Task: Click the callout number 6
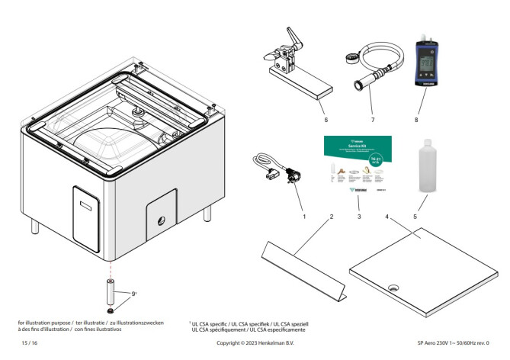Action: tap(325, 119)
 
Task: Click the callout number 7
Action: tap(374, 119)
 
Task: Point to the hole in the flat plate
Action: tap(395, 288)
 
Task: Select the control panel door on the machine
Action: tap(85, 214)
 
